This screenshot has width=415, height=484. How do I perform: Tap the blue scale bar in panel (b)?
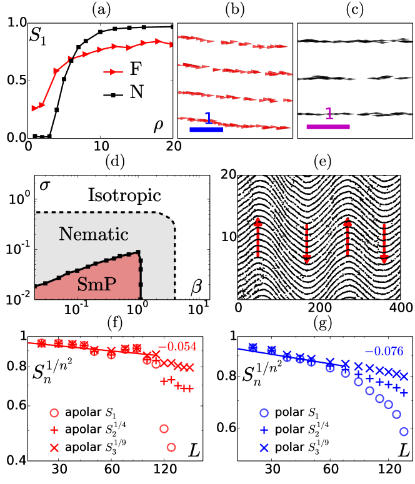pyautogui.click(x=206, y=129)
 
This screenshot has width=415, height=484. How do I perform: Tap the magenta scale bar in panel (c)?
pyautogui.click(x=328, y=127)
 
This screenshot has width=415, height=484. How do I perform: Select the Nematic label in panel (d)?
pyautogui.click(x=94, y=234)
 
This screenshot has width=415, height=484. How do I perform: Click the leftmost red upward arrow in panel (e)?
pyautogui.click(x=257, y=238)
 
